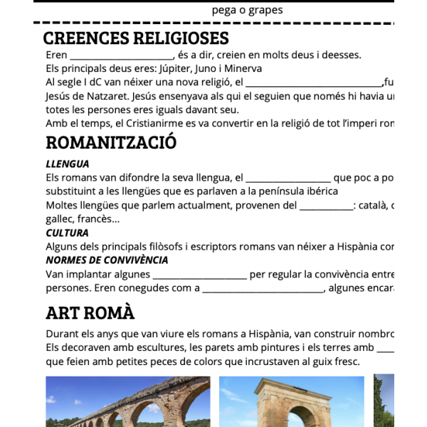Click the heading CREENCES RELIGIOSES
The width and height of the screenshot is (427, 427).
[136, 38]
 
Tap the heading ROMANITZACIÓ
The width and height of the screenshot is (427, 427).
[111, 142]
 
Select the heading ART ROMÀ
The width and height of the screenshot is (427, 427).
[90, 312]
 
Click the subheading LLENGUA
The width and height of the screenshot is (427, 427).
[68, 164]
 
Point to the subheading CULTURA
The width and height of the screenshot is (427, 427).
[67, 233]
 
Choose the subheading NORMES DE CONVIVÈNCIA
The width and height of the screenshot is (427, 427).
[107, 260]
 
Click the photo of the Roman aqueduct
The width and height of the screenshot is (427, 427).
[128, 401]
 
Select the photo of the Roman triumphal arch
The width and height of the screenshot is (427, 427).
[291, 401]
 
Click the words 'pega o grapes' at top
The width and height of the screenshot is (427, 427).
[247, 10]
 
